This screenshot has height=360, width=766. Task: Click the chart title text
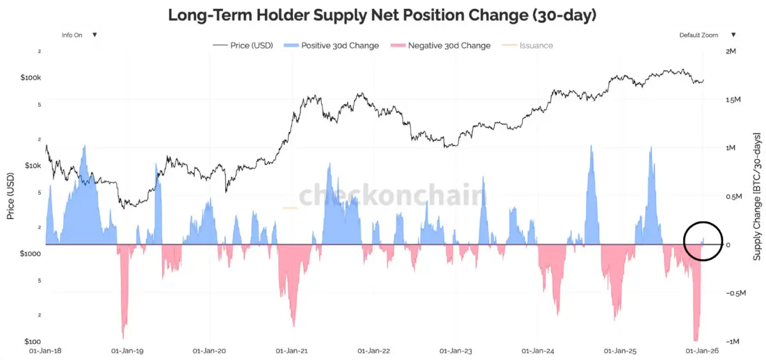click(382, 15)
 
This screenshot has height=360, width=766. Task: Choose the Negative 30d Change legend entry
click(441, 45)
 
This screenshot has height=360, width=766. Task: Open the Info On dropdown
click(79, 35)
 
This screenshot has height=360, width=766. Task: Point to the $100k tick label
click(31, 77)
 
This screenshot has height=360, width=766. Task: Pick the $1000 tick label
click(30, 253)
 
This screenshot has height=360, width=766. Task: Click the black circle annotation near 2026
click(703, 241)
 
